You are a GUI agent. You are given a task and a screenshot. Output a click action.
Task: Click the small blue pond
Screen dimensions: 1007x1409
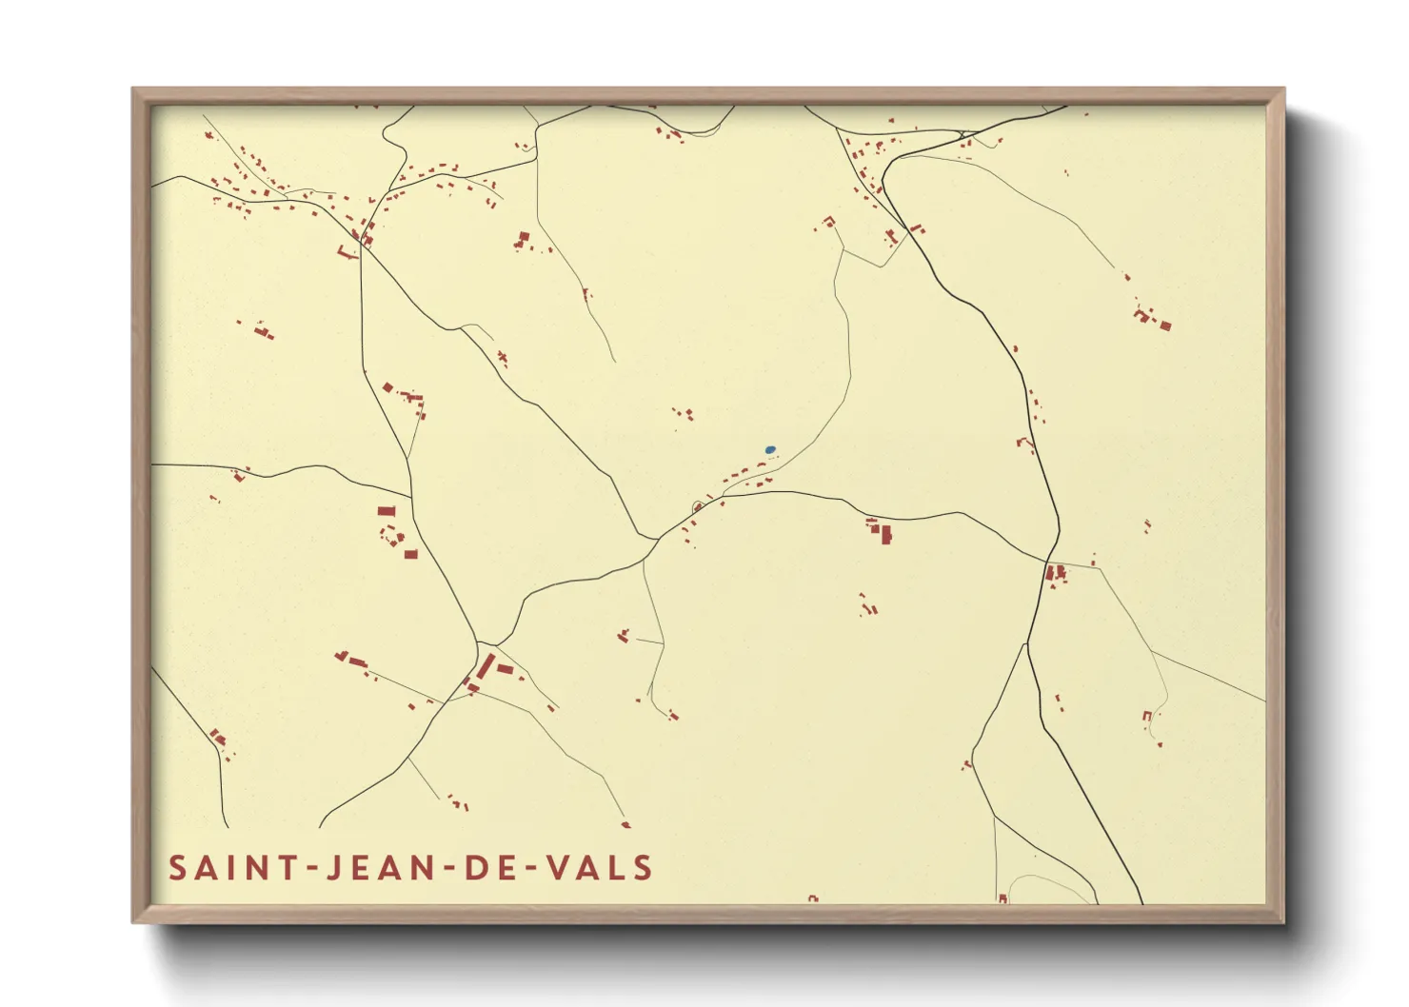[770, 449]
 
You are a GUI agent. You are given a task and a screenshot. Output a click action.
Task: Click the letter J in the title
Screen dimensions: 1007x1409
[332, 868]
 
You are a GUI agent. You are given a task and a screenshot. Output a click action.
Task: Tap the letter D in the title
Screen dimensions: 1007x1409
[472, 868]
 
